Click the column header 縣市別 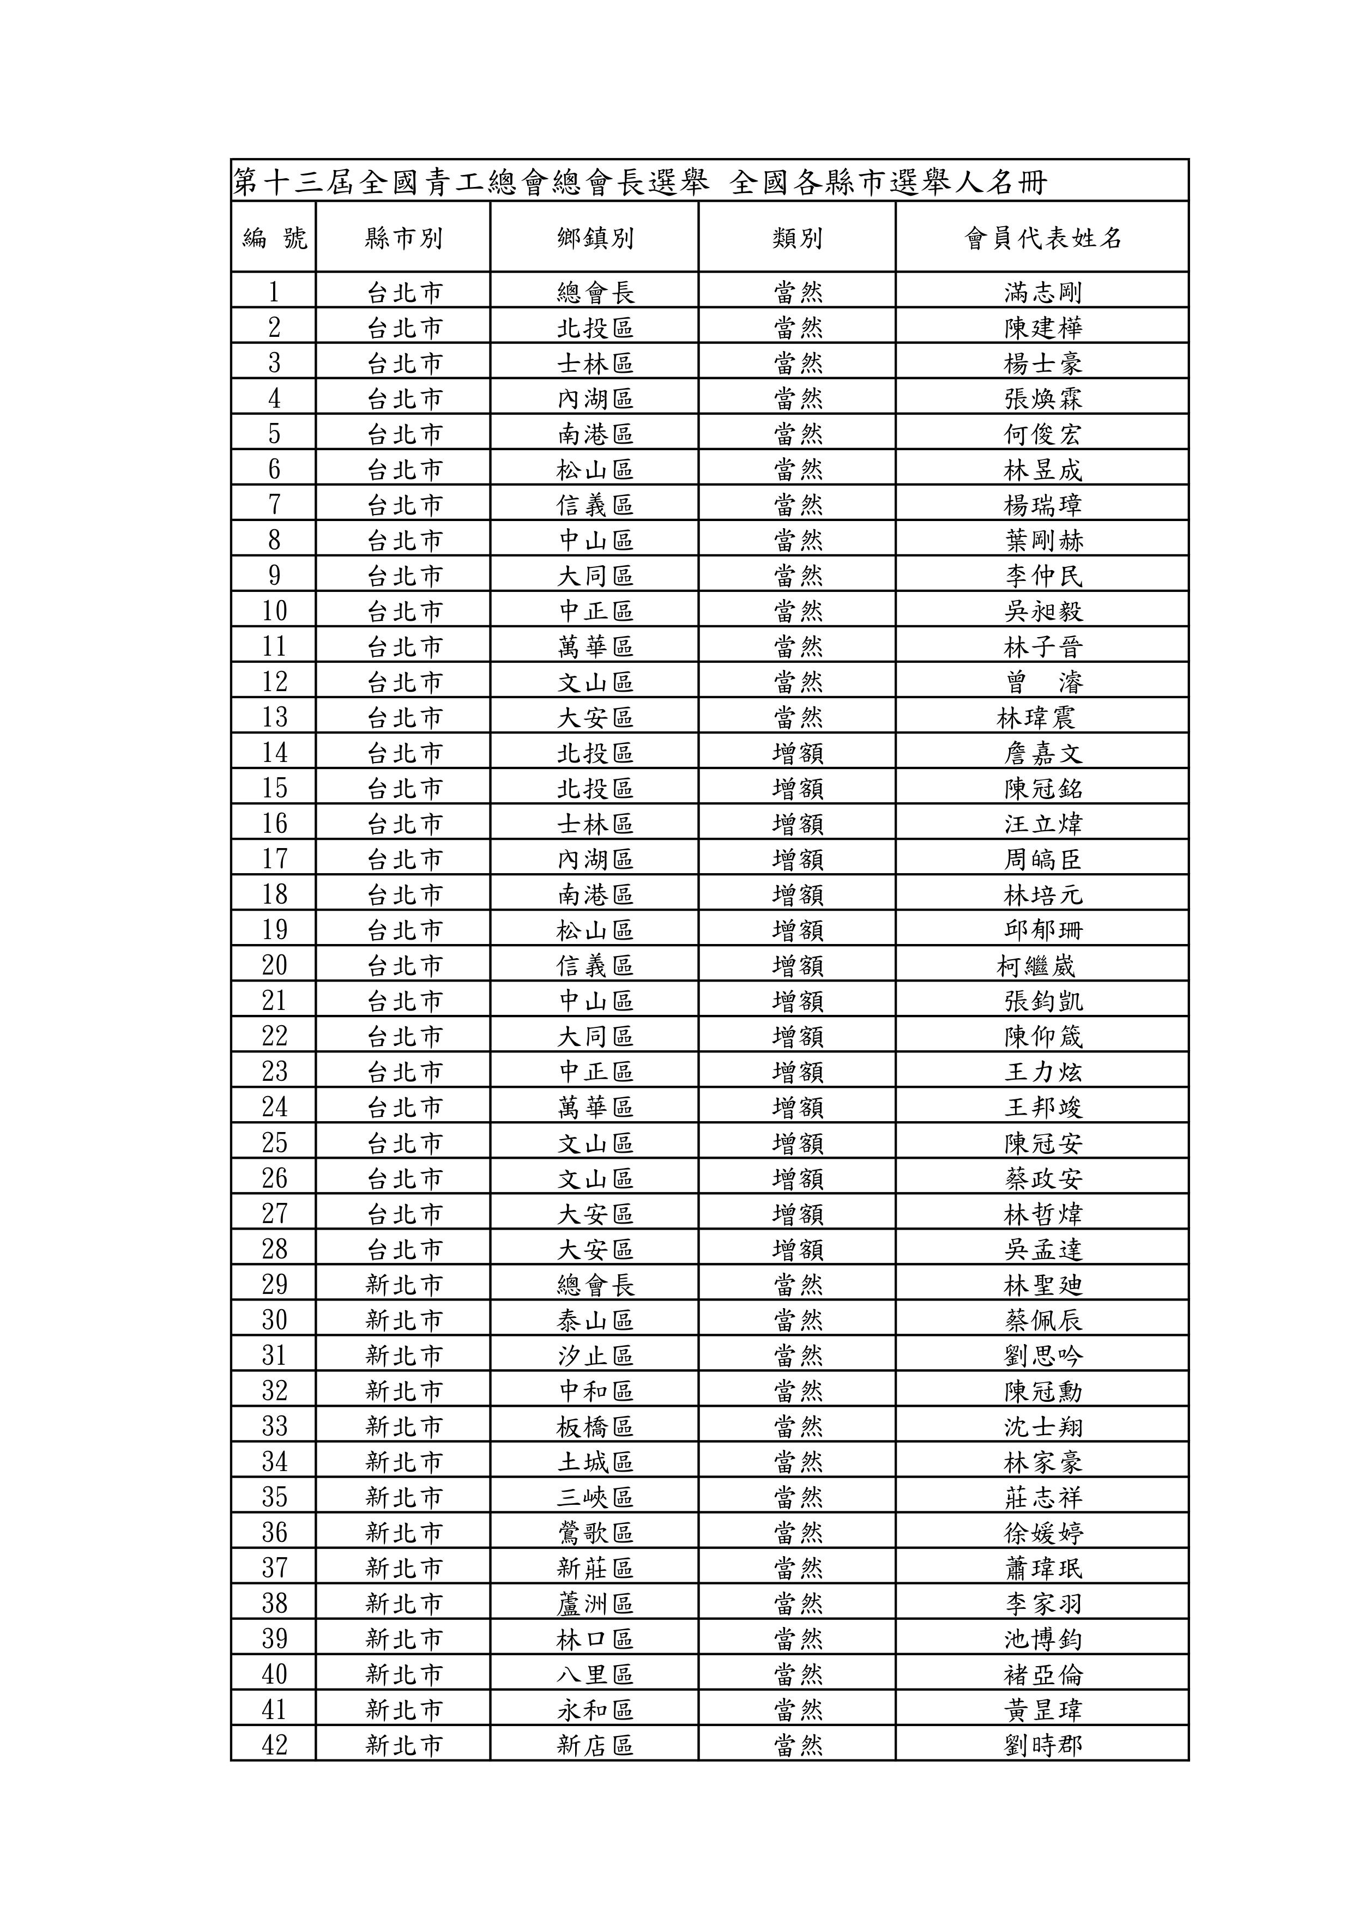click(x=403, y=238)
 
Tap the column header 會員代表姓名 click(x=1043, y=238)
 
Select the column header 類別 click(x=797, y=238)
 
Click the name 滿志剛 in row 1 click(x=1043, y=292)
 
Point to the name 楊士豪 click(x=1043, y=363)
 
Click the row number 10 click(x=274, y=611)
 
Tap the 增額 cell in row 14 click(x=797, y=753)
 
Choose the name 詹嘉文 click(x=1043, y=753)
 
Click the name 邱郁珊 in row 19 click(x=1043, y=929)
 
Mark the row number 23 click(x=274, y=1071)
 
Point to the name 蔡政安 click(x=1043, y=1177)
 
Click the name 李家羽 click(x=1043, y=1603)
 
